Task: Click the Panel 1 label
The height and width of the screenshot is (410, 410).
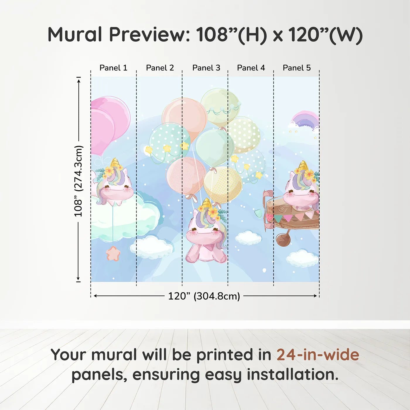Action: [x=113, y=68]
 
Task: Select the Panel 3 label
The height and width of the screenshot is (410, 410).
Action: [x=206, y=68]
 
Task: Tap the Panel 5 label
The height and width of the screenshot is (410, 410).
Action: [x=297, y=68]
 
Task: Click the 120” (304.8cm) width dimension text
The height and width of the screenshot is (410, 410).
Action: [x=204, y=296]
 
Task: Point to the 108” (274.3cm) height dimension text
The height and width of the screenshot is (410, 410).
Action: [x=78, y=181]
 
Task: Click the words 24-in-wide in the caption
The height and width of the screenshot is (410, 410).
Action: [x=318, y=355]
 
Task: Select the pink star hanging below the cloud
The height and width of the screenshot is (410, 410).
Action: [x=113, y=253]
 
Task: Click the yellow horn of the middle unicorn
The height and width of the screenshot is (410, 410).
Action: [x=207, y=203]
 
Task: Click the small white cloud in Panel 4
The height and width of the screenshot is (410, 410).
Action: [x=248, y=238]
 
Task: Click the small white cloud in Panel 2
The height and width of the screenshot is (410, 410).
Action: [x=151, y=247]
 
